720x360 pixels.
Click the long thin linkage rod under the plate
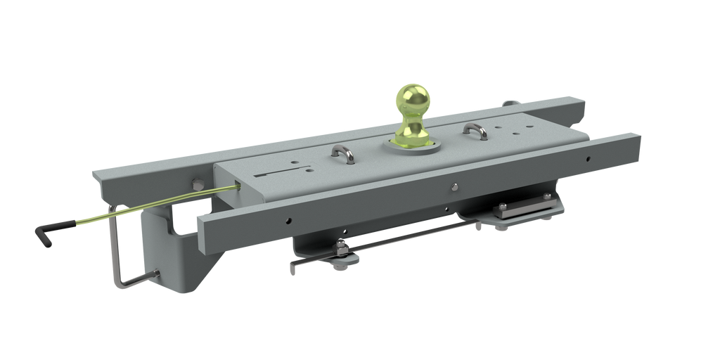click(x=408, y=232)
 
